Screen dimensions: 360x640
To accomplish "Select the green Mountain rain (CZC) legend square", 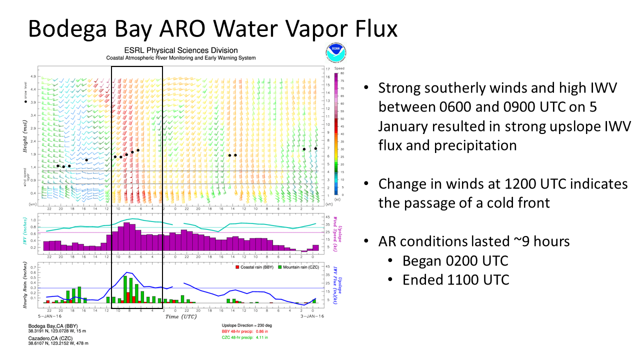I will (x=280, y=267).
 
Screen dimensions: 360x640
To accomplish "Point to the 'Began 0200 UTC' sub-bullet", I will (x=455, y=260).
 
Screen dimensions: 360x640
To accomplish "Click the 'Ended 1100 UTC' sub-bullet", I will (x=456, y=279).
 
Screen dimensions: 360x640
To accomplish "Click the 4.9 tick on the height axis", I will (x=33, y=77).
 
